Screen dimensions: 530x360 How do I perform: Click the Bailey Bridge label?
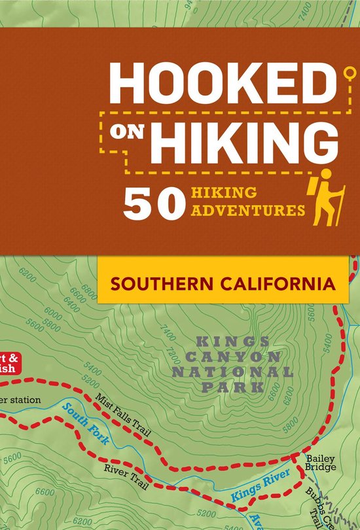point(320,463)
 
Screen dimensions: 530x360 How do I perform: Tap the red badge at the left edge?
point(10,364)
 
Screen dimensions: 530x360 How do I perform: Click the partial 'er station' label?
point(20,400)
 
